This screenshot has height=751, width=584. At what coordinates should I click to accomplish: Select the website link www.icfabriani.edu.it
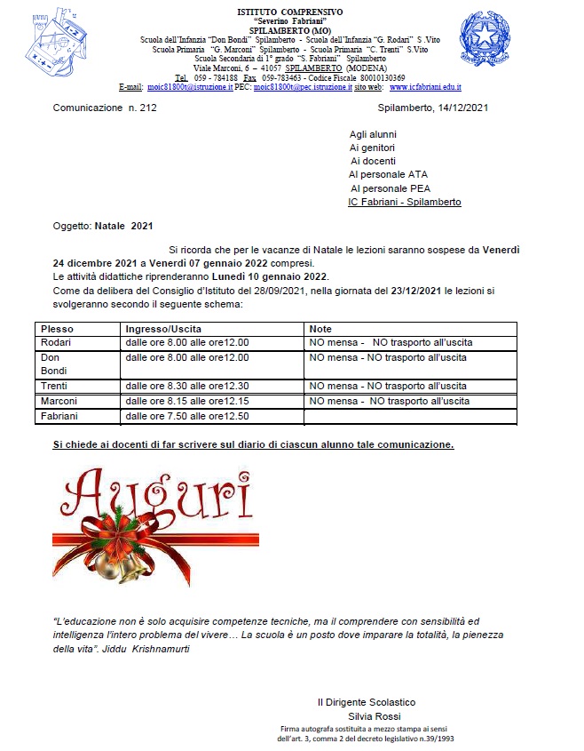tap(424, 87)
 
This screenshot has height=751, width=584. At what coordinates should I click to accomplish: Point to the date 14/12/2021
tap(458, 108)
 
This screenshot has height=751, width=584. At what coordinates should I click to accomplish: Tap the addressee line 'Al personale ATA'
tap(389, 174)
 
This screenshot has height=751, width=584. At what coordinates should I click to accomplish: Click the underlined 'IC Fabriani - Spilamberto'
tap(405, 202)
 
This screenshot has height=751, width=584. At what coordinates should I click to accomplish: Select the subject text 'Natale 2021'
tap(124, 227)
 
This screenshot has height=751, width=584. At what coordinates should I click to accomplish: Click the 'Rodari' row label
tap(56, 342)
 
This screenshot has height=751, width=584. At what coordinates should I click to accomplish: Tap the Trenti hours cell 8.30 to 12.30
tap(187, 386)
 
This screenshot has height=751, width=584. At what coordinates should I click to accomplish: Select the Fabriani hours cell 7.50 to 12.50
tap(187, 416)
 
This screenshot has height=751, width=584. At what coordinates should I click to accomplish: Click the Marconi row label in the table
tap(59, 401)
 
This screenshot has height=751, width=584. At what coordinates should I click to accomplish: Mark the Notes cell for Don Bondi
tap(387, 357)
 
